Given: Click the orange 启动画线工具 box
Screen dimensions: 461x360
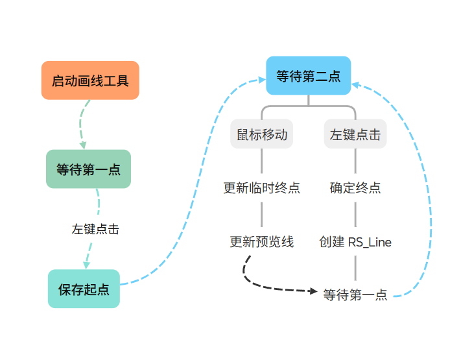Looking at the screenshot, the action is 90,80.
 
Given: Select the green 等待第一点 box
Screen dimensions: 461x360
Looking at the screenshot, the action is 88,169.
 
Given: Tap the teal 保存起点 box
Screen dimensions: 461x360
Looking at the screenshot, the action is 84,289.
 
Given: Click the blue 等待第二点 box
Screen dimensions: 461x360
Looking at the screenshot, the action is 309,76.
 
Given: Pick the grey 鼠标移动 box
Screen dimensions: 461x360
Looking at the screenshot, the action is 262,134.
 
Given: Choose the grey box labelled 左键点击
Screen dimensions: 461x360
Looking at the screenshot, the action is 355,134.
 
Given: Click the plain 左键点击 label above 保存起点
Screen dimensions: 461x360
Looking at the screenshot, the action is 95,229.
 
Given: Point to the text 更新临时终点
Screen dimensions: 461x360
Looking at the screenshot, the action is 262,187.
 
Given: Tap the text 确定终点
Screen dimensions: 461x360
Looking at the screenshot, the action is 355,187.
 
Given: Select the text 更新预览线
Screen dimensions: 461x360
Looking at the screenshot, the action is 262,242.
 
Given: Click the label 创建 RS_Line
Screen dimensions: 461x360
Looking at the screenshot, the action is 355,242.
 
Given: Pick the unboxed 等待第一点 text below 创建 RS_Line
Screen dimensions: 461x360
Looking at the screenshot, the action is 355,294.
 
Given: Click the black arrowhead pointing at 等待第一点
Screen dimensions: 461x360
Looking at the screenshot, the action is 313,291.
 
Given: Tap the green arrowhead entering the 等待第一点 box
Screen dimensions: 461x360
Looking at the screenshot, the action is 84,145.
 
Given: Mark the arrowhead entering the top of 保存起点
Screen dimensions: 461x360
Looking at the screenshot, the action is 86,265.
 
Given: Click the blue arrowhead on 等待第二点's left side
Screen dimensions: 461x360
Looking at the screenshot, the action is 262,80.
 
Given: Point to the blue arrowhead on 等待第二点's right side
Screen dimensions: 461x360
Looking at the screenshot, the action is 355,85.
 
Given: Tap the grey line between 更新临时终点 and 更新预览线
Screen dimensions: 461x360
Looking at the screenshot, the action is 262,215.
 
